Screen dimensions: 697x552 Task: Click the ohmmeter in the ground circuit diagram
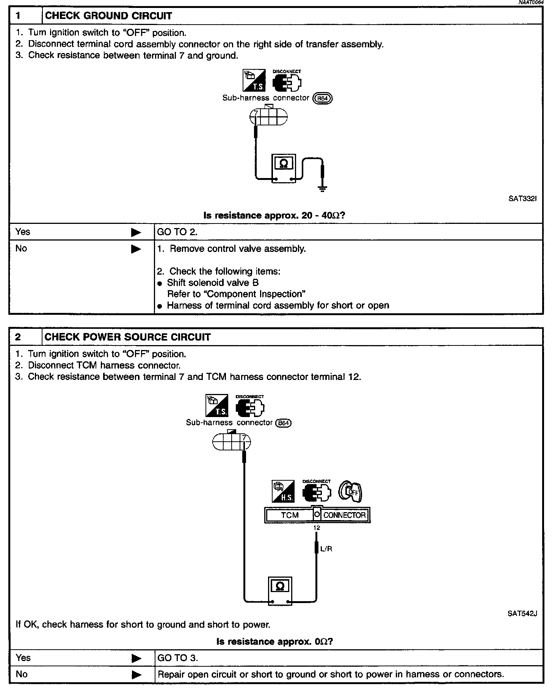[284, 169]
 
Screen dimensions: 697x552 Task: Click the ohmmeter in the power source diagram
[280, 591]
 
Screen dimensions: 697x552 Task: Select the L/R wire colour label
[326, 549]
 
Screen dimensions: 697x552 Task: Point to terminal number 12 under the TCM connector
[317, 528]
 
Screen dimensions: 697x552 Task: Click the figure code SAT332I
[523, 198]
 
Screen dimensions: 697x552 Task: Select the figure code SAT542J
[522, 614]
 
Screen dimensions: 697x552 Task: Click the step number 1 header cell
[25, 16]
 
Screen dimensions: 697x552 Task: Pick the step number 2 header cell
[25, 337]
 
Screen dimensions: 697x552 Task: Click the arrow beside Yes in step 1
[136, 232]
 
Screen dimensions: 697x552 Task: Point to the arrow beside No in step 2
[136, 674]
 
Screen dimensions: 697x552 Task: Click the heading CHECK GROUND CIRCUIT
[108, 16]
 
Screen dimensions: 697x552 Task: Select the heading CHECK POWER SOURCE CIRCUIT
[127, 337]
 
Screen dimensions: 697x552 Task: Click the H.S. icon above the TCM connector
[283, 492]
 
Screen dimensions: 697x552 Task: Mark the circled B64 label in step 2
[284, 423]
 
